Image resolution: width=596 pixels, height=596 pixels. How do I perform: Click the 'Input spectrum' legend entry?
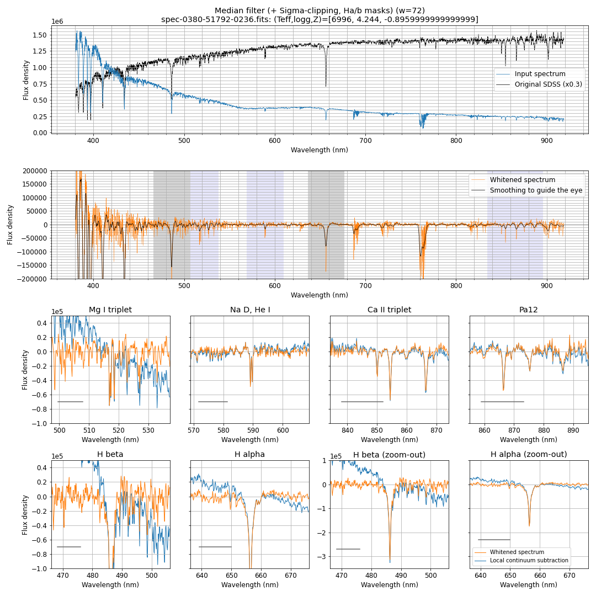[x=540, y=74]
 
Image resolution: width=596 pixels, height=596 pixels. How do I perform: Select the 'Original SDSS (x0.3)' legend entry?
[x=548, y=84]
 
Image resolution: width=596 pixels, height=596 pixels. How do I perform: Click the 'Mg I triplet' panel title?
[x=110, y=310]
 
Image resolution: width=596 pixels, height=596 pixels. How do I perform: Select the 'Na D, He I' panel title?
[x=250, y=310]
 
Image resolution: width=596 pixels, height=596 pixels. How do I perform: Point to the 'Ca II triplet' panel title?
[x=389, y=310]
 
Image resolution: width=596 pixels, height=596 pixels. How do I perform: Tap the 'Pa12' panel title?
[x=529, y=310]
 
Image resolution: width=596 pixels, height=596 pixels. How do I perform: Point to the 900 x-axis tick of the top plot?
[x=547, y=141]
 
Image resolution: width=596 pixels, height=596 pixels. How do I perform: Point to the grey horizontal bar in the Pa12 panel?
[x=502, y=402]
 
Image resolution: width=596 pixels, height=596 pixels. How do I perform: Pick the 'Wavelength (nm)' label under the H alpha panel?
[x=250, y=584]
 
